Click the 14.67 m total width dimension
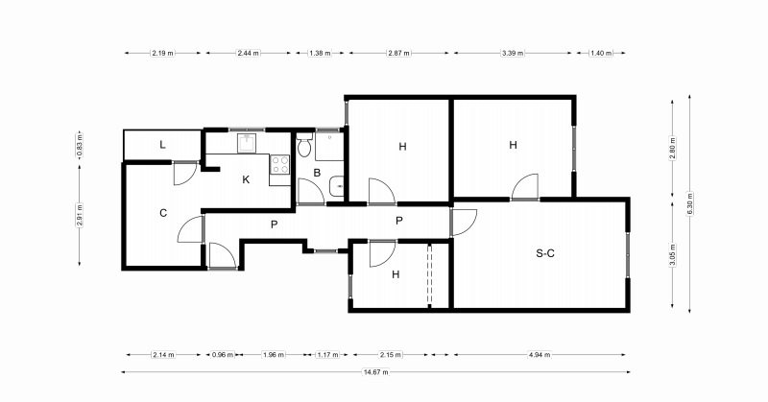tap(375, 372)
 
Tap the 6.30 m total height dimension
tap(689, 202)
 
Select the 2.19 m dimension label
tap(162, 53)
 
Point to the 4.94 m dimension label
tap(540, 354)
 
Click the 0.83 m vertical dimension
tap(80, 145)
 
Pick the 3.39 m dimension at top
tap(513, 53)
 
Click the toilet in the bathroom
tap(304, 145)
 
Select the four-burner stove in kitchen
tap(280, 164)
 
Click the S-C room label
tap(545, 253)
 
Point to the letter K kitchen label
tap(246, 179)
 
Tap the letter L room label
tap(162, 145)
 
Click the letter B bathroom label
tap(317, 173)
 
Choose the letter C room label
tap(163, 213)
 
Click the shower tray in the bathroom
tap(328, 146)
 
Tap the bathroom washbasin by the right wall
tap(337, 186)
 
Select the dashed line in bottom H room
tap(429, 274)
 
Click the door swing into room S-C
tap(464, 223)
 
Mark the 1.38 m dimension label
tap(320, 53)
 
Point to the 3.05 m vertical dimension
tap(673, 254)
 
